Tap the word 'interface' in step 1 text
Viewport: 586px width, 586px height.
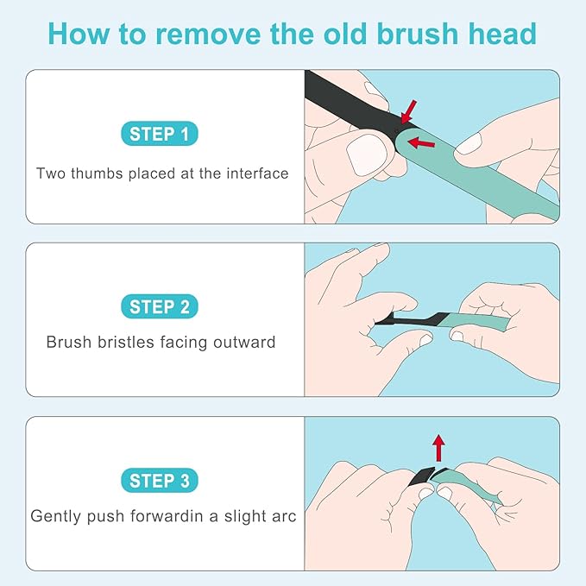255,173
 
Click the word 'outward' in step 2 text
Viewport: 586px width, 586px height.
243,342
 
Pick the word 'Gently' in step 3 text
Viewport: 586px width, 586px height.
54,516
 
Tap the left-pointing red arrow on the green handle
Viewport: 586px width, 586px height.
420,142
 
